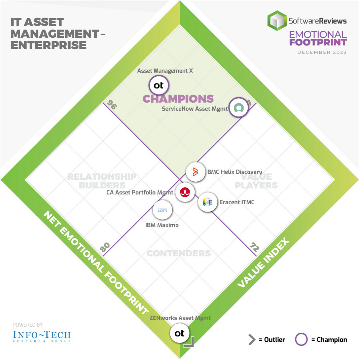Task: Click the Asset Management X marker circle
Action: coord(159,85)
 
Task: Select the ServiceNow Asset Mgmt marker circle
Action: coord(239,107)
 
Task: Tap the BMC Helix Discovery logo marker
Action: coord(195,172)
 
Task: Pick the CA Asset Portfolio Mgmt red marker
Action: coord(185,192)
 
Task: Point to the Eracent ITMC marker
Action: coord(208,202)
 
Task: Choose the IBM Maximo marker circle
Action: coord(162,210)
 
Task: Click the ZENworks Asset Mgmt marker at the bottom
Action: coord(180,333)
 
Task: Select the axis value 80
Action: coord(105,247)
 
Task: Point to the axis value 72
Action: coord(254,247)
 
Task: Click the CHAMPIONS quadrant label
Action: coord(178,99)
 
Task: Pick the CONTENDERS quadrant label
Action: coord(179,253)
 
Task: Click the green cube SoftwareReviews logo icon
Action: coord(277,21)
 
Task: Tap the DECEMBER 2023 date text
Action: coord(322,52)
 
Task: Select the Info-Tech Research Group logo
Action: coord(42,336)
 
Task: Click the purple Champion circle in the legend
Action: coord(301,339)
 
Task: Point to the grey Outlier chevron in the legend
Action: coord(252,339)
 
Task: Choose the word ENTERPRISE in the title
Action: coord(48,45)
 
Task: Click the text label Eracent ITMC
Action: coord(237,202)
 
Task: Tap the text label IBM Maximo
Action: coord(162,225)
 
